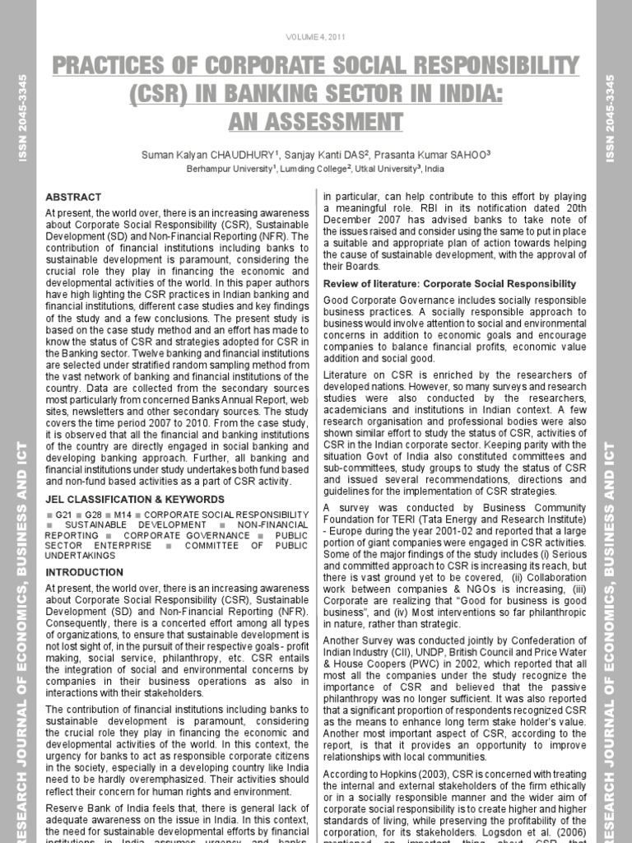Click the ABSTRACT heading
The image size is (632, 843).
click(73, 198)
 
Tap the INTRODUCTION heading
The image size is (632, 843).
click(84, 571)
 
